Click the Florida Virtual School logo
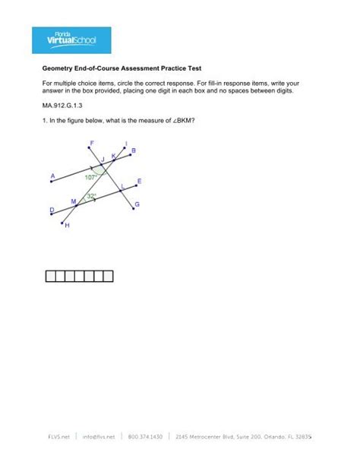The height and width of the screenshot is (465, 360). (71, 40)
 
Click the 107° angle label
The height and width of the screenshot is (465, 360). (91, 176)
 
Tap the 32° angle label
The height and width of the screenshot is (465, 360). (91, 196)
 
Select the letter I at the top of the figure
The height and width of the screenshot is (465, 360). (125, 143)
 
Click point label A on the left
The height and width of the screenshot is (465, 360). (52, 176)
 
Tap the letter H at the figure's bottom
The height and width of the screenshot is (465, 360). (67, 226)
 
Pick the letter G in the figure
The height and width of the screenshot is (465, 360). (137, 204)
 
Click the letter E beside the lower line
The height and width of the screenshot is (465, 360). (138, 182)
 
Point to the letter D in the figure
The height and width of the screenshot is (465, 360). (52, 210)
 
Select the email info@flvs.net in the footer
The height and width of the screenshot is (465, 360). (99, 437)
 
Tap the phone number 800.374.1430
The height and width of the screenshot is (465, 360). (146, 437)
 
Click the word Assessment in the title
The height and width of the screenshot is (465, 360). (151, 68)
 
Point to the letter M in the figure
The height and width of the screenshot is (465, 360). (73, 202)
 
